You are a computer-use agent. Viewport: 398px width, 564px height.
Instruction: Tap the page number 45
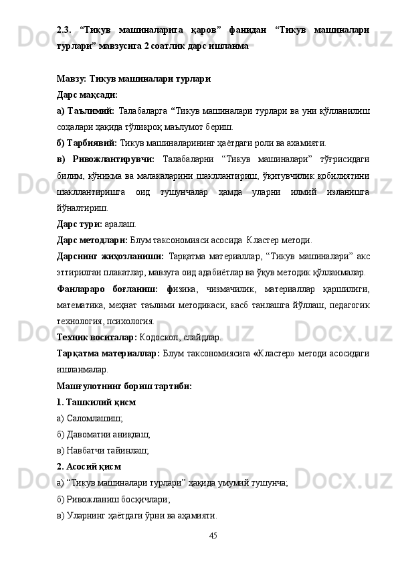(x=213, y=535)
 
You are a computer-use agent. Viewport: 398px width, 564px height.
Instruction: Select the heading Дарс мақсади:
(x=87, y=95)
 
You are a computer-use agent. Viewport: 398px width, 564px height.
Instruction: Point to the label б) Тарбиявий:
(x=87, y=143)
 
